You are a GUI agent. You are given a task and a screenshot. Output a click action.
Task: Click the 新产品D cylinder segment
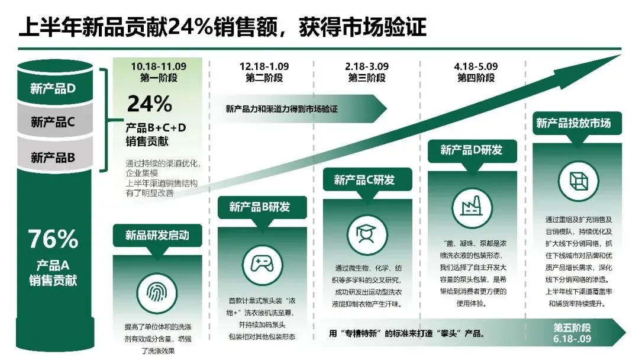(53, 89)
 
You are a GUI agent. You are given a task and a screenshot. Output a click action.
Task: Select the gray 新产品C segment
(53, 123)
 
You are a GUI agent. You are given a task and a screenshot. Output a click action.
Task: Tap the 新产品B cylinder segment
(53, 157)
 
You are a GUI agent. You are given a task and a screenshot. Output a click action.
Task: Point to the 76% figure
(53, 239)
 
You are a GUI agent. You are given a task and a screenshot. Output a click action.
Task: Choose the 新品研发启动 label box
(157, 235)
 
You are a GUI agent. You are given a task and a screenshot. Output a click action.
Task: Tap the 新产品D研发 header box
(471, 150)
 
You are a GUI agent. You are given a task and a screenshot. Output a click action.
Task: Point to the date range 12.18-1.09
(264, 67)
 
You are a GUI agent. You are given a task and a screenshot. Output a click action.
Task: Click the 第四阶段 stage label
(476, 78)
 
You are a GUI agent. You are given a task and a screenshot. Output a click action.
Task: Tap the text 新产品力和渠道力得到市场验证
(282, 109)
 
